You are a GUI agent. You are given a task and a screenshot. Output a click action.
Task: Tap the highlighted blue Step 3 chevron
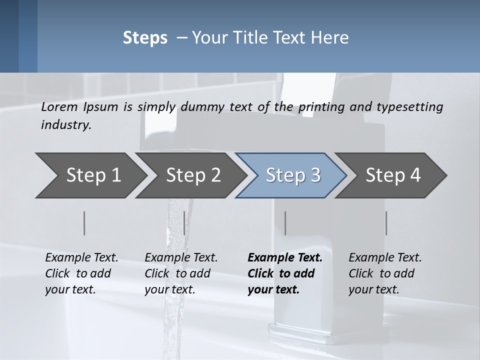tap(293, 175)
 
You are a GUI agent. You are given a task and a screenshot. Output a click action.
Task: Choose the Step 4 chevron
tap(393, 175)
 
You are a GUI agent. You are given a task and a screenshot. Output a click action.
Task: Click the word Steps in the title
tap(145, 38)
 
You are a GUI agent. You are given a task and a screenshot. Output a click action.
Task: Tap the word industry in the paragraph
tap(65, 125)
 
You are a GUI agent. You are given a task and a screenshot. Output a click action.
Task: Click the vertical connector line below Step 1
tap(84, 223)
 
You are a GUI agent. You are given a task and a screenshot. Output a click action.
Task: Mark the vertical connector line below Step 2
tap(184, 223)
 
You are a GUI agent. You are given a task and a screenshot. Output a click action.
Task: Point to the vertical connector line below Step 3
tap(285, 223)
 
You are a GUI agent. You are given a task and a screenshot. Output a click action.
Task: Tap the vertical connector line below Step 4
tap(386, 223)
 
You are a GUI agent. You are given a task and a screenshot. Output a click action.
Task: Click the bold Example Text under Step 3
tap(285, 258)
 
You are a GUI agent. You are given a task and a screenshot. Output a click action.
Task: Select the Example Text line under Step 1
tap(81, 258)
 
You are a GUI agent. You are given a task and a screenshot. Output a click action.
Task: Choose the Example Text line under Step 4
tap(385, 258)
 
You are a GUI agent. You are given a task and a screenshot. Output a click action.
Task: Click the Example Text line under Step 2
tap(181, 258)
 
